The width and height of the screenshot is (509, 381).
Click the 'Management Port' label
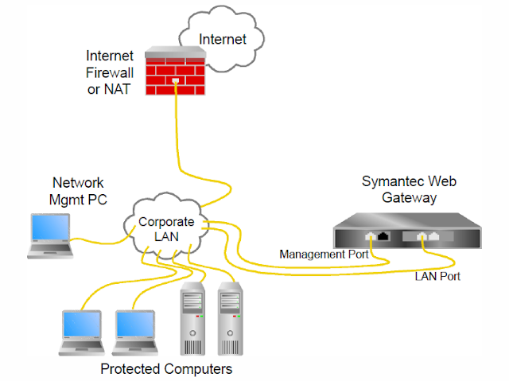323,255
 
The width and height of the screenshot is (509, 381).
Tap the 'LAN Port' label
437,277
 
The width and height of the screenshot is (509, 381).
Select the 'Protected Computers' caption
166,369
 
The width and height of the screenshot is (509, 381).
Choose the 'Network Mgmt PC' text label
78,190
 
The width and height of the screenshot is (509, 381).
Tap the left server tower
193,319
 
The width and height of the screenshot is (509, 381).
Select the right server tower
229,319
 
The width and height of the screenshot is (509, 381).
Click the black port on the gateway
385,235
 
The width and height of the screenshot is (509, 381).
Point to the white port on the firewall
175,81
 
